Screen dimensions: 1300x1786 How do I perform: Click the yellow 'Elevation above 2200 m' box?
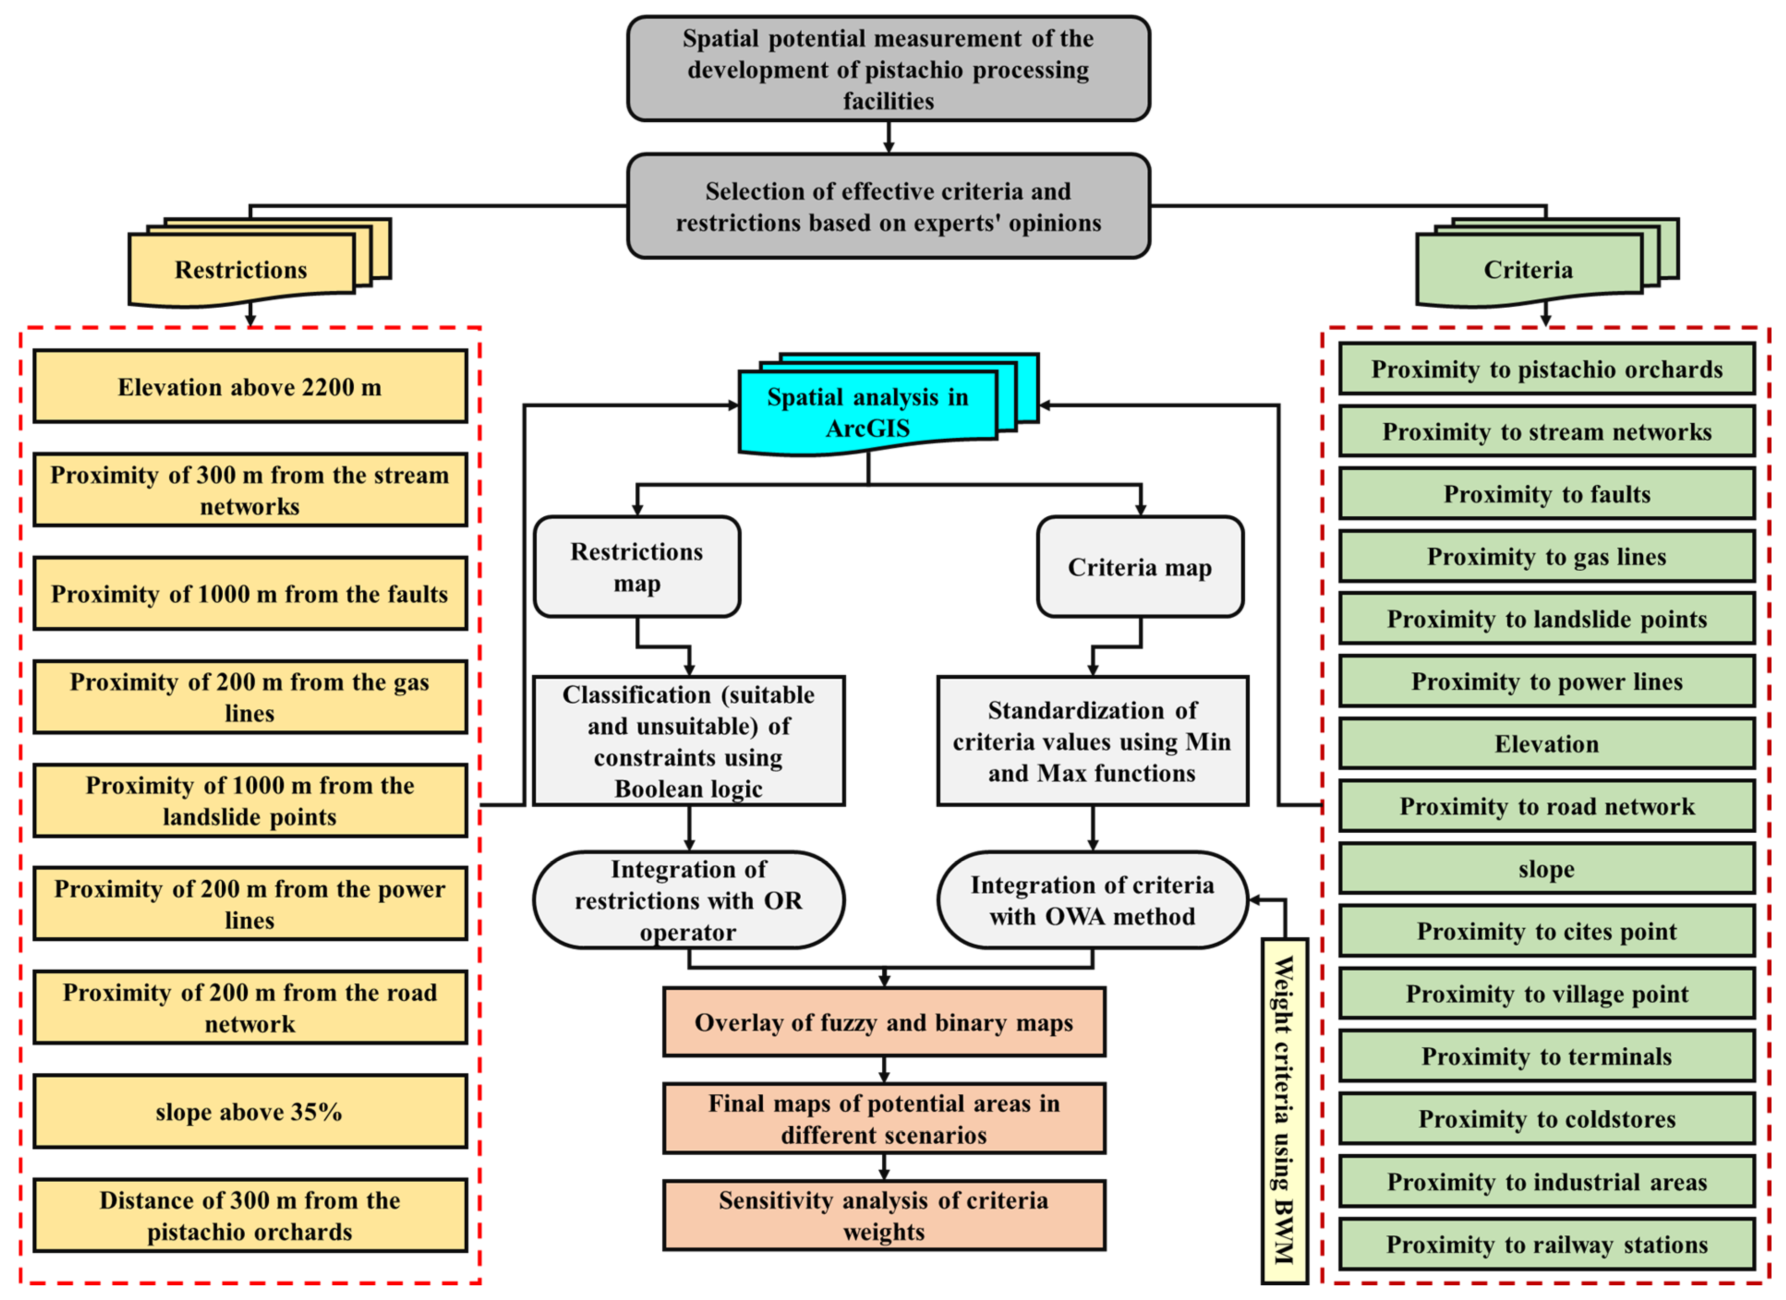[250, 387]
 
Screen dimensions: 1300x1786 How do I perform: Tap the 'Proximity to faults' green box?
[1547, 494]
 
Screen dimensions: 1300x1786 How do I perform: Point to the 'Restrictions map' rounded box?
[636, 567]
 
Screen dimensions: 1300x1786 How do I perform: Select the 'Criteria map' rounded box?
[1139, 567]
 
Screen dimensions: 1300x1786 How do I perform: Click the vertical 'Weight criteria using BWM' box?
[1284, 1110]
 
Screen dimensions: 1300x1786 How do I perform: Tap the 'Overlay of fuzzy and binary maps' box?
[884, 1022]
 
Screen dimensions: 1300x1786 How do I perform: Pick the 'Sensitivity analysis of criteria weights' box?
[884, 1215]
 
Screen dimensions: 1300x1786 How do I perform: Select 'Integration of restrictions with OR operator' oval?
[688, 900]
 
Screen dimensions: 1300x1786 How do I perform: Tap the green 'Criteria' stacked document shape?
[1528, 269]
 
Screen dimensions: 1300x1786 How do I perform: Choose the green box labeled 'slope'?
[1547, 869]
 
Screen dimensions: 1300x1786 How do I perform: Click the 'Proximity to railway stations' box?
[1547, 1244]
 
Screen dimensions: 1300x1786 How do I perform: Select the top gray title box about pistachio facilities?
[888, 69]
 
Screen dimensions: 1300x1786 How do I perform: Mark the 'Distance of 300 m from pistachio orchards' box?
[250, 1215]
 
